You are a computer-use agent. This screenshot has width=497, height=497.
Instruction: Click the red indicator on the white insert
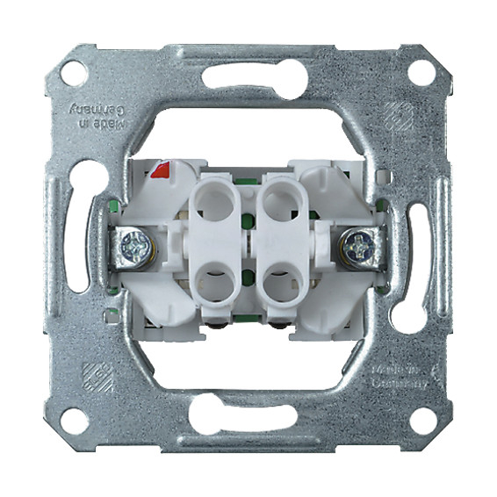(x=161, y=169)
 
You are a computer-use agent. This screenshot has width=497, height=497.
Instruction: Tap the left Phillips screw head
(x=137, y=245)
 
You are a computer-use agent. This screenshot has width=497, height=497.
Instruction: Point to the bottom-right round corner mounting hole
(x=421, y=419)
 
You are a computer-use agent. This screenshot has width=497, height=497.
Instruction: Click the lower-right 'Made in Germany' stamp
(x=400, y=378)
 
